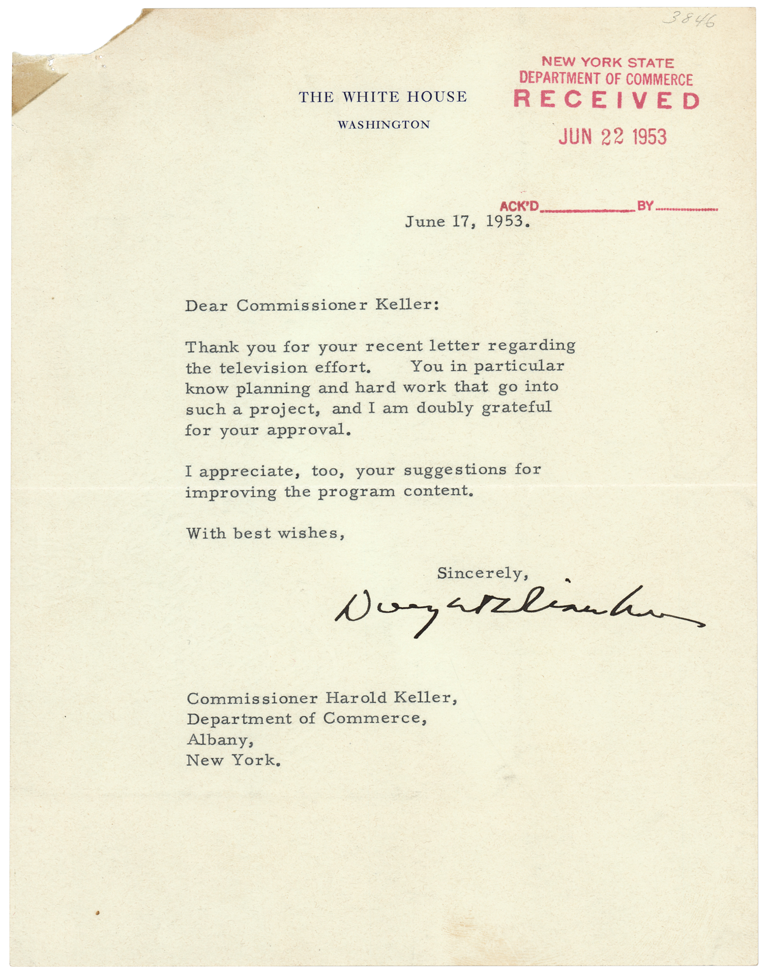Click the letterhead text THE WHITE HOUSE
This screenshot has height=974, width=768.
click(383, 97)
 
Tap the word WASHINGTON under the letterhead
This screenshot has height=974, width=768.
click(384, 125)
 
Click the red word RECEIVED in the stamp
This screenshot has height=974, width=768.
click(606, 100)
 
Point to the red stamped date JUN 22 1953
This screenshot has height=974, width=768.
click(612, 137)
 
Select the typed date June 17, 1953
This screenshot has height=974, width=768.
click(467, 222)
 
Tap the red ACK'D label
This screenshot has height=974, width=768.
click(519, 206)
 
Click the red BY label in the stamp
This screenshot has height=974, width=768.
click(645, 206)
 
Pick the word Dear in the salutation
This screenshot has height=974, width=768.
click(206, 305)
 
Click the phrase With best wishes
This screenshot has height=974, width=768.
click(265, 533)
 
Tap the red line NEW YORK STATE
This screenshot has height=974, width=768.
click(607, 63)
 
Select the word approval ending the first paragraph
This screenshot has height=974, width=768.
click(309, 431)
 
